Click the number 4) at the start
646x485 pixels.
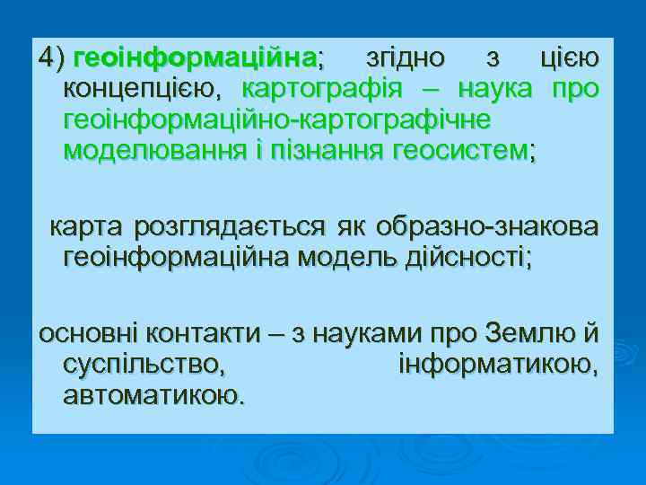pyautogui.click(x=51, y=60)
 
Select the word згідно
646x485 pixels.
pyautogui.click(x=406, y=60)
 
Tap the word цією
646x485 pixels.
pyautogui.click(x=565, y=60)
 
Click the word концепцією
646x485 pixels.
pyautogui.click(x=141, y=90)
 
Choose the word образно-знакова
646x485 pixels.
pyautogui.click(x=488, y=228)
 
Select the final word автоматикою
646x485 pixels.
pyautogui.click(x=153, y=395)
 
